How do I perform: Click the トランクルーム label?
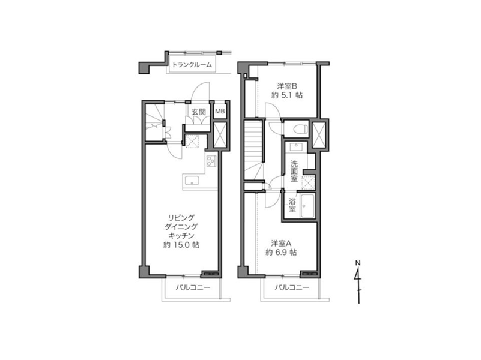point(192,65)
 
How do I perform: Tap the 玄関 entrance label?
point(199,112)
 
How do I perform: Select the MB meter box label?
point(220,111)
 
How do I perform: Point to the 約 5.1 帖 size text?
point(287,95)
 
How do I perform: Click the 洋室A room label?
point(281,243)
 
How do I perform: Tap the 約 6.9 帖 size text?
point(281,253)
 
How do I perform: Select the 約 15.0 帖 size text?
point(181,245)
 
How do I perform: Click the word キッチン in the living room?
point(181,236)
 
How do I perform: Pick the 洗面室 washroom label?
point(294,171)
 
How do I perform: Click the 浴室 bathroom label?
point(292,205)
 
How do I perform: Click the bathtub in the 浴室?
point(307,206)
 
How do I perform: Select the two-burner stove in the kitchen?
point(211,161)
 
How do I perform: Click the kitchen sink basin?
point(192,181)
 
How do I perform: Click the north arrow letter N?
point(358,263)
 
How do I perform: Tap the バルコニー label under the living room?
point(193,287)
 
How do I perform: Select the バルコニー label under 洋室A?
point(292,287)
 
